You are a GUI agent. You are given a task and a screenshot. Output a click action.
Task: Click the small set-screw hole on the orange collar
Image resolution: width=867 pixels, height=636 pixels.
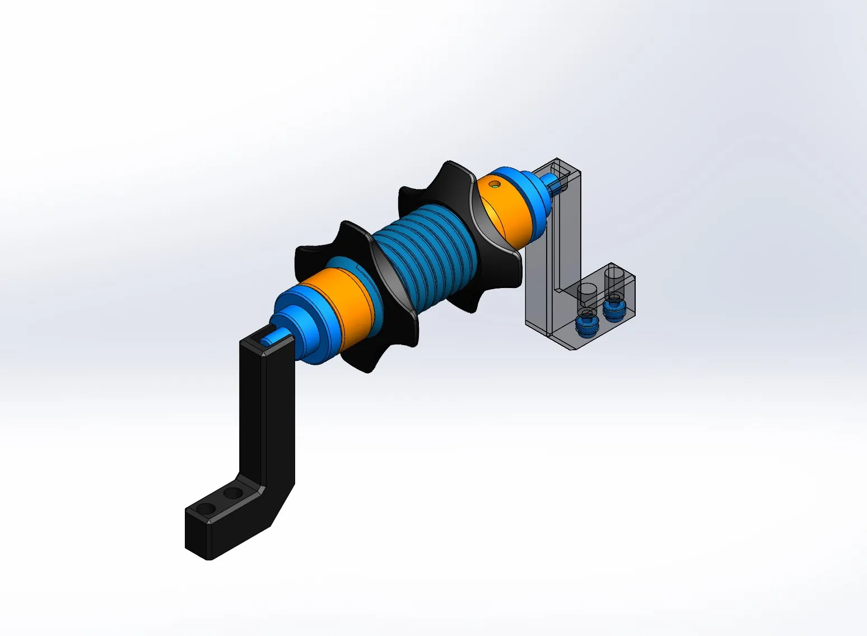[x=493, y=184]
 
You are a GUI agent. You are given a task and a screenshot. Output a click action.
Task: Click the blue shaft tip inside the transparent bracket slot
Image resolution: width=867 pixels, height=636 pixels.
[x=551, y=180]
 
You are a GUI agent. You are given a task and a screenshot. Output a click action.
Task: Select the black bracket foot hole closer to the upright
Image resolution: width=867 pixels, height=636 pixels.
[x=234, y=494]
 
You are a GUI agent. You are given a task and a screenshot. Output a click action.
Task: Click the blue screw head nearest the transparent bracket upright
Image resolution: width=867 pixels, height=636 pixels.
[x=586, y=326]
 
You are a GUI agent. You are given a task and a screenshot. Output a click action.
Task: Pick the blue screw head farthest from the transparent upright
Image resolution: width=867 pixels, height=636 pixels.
[x=614, y=309]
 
